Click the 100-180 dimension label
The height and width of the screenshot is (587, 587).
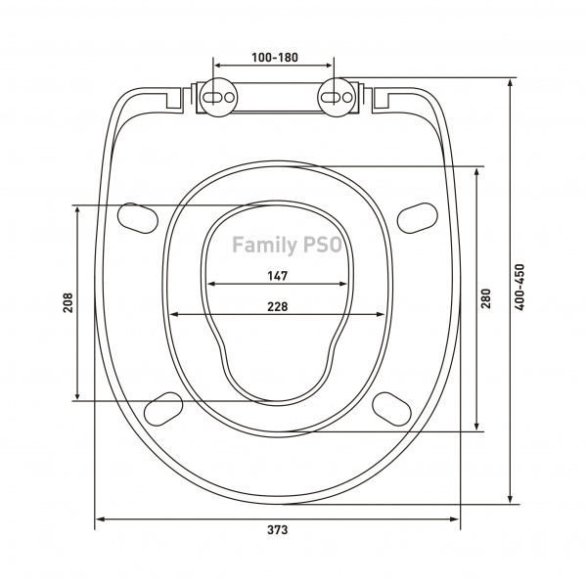pos(275,58)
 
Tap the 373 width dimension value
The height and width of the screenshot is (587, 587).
pos(278,530)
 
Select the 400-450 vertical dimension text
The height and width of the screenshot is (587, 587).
pos(519,287)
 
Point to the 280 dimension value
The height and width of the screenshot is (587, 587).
pos(485,298)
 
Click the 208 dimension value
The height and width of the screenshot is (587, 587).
pos(68,302)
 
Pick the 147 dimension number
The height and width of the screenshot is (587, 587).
pos(278,276)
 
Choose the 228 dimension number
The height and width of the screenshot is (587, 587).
pos(278,306)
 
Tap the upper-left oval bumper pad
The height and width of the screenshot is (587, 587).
pos(138,218)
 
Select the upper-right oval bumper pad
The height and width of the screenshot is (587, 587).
pos(417,218)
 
